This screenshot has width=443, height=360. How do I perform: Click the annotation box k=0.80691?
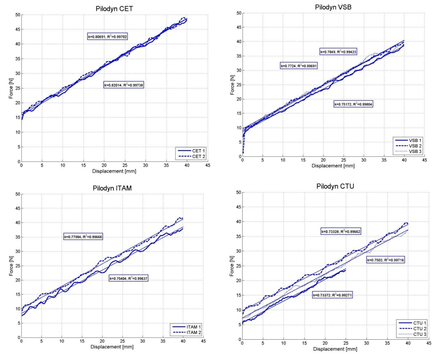pos(107,37)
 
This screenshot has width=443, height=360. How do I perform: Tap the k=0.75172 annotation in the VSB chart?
pos(353,104)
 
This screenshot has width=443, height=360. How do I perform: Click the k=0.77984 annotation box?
pos(83,236)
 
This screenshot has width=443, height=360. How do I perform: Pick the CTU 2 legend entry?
pos(411,328)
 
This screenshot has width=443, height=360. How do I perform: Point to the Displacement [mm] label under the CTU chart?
pos(333,349)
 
